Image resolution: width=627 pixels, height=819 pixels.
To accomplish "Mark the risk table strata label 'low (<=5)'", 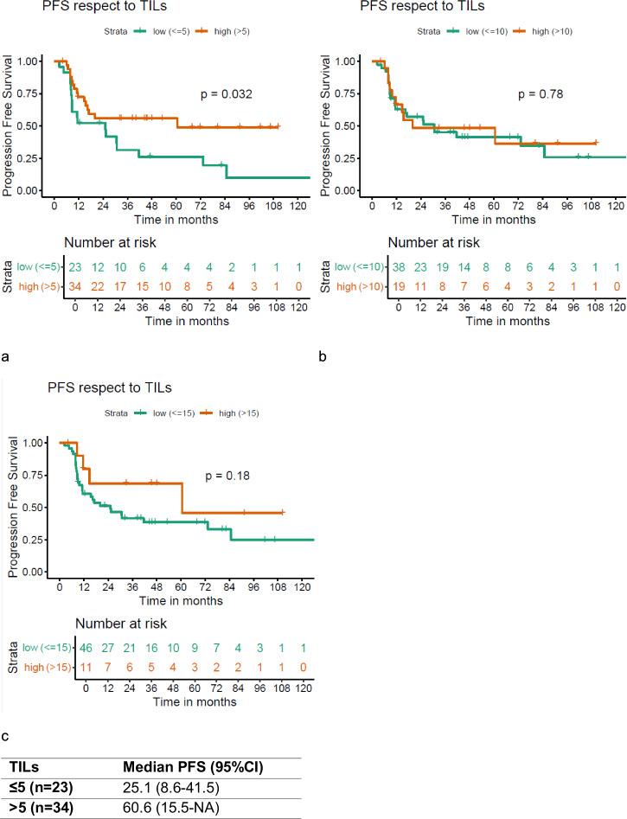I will [x=41, y=267].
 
